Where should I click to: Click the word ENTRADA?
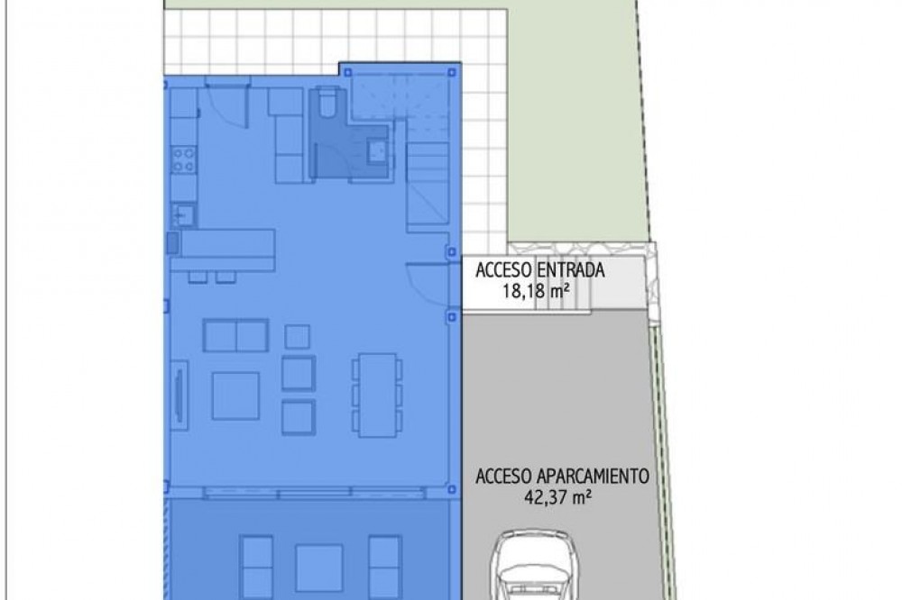pos(571,270)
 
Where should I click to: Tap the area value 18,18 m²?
pos(536,291)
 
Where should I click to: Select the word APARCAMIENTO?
pos(594,477)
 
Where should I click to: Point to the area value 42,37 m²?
pos(558,497)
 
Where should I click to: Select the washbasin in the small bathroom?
pos(378,151)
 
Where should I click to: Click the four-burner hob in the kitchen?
pos(183,159)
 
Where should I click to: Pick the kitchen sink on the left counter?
pos(183,216)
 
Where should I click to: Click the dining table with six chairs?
pos(377,395)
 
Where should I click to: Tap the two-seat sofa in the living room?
pos(235,335)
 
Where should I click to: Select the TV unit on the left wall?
pos(179,396)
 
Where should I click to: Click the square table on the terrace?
pos(318,568)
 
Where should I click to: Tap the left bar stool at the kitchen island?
pos(198,277)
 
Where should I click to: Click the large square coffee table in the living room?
pos(235,396)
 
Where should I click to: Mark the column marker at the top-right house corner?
pos(452,72)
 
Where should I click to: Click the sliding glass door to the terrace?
pos(314,492)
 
